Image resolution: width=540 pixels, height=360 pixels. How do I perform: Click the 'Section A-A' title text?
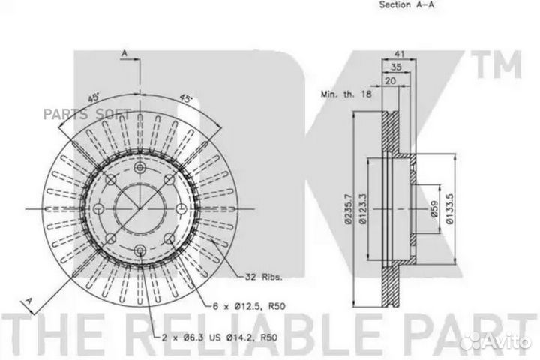(x=406, y=4)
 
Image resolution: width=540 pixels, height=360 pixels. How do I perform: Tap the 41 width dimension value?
(x=399, y=54)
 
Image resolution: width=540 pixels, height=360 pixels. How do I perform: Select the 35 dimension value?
(x=397, y=67)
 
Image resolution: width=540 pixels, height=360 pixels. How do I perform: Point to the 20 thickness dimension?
(x=390, y=80)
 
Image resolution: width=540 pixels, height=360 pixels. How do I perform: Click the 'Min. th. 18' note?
(x=346, y=94)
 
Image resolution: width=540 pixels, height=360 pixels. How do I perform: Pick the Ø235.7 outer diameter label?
(x=349, y=209)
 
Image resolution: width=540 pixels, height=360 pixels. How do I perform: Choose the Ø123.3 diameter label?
(x=363, y=209)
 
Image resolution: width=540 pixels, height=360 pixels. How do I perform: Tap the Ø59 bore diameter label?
(x=434, y=209)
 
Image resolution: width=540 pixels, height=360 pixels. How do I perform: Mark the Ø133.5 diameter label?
(x=450, y=209)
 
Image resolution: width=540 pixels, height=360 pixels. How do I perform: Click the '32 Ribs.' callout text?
(x=263, y=277)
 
